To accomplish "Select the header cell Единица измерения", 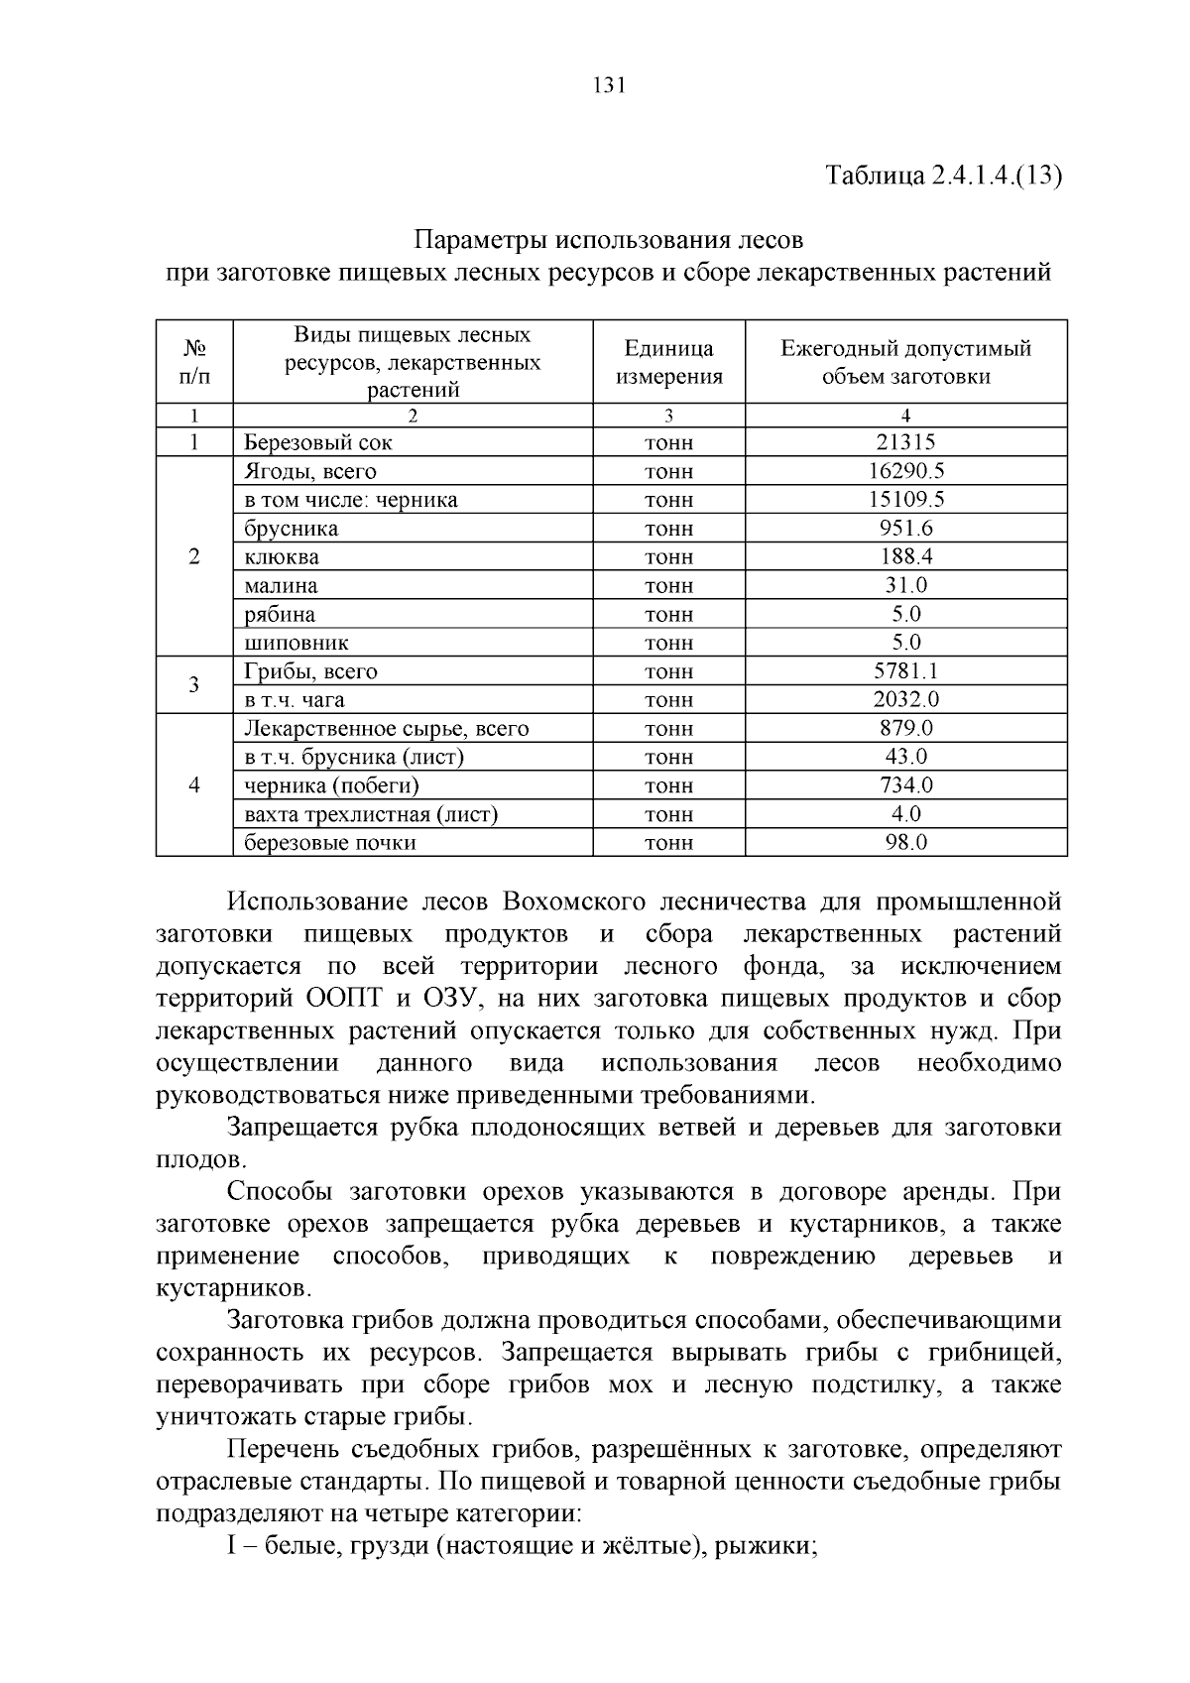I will (x=668, y=362).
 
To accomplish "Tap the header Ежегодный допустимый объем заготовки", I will (x=905, y=362).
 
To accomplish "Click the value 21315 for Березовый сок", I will (x=905, y=442).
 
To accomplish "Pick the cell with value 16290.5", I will (x=905, y=471).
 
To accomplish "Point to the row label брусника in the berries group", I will (x=292, y=529).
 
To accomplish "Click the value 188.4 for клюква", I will (x=905, y=557).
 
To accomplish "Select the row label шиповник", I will (x=297, y=643).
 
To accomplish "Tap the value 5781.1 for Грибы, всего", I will (x=905, y=671).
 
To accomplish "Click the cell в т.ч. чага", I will (x=295, y=700).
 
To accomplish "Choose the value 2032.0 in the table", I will (x=905, y=700).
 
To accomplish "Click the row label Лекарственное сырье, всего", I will (x=387, y=729).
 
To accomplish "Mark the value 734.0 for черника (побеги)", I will (x=905, y=785).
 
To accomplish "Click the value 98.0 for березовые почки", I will (x=905, y=843).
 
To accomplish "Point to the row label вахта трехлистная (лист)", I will (x=371, y=814).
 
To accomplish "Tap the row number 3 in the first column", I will (x=194, y=685).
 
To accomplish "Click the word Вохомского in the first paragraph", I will (x=574, y=902).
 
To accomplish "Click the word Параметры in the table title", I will (x=479, y=240).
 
